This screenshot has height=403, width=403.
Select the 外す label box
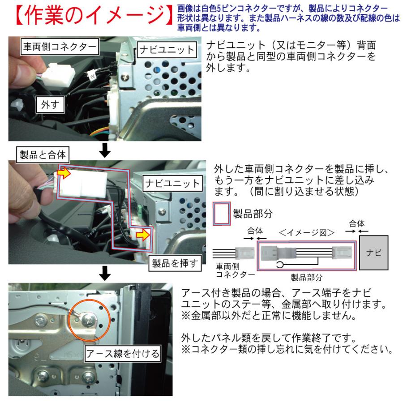pos(50,106)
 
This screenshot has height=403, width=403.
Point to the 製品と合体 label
pos(41,155)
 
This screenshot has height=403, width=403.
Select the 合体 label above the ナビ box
pos(356,223)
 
